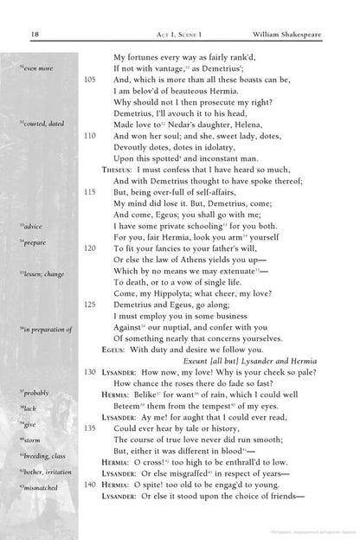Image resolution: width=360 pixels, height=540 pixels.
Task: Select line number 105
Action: pos(91,78)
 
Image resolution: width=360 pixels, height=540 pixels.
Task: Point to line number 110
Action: pos(91,137)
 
